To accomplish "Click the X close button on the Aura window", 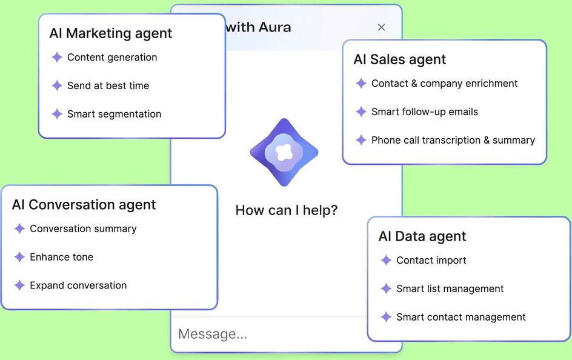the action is pyautogui.click(x=381, y=27).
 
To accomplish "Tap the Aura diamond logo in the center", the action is pyautogui.click(x=284, y=153).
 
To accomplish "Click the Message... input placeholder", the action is pyautogui.click(x=213, y=334).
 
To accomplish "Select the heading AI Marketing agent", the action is pyautogui.click(x=110, y=33).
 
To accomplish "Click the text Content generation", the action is pyautogui.click(x=112, y=57).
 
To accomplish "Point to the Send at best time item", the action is pyautogui.click(x=108, y=85).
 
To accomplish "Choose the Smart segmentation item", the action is pyautogui.click(x=114, y=114).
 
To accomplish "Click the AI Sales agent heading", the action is pyautogui.click(x=400, y=59).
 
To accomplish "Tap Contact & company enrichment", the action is pyautogui.click(x=444, y=84).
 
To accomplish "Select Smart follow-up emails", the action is pyautogui.click(x=425, y=112).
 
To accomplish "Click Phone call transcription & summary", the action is pyautogui.click(x=453, y=141).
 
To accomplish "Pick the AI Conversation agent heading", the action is pyautogui.click(x=84, y=205).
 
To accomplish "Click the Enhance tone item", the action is pyautogui.click(x=61, y=257).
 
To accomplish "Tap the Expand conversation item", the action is pyautogui.click(x=78, y=285).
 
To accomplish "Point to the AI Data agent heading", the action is pyautogui.click(x=422, y=236).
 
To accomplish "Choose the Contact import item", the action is pyautogui.click(x=431, y=261).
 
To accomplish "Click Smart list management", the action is pyautogui.click(x=450, y=289).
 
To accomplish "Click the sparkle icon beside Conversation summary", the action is pyautogui.click(x=19, y=228).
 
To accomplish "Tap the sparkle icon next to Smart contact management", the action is pyautogui.click(x=386, y=317).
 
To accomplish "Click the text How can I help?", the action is pyautogui.click(x=287, y=210).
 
